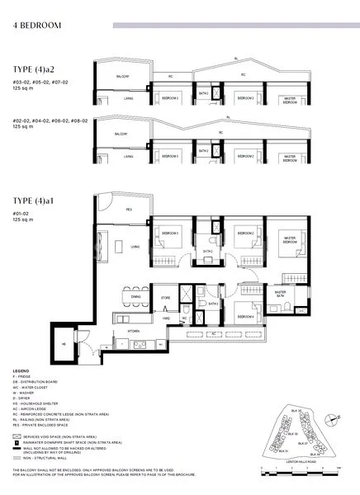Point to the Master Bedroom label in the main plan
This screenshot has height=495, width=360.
coord(289,239)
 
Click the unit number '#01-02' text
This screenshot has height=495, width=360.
coord(21,214)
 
